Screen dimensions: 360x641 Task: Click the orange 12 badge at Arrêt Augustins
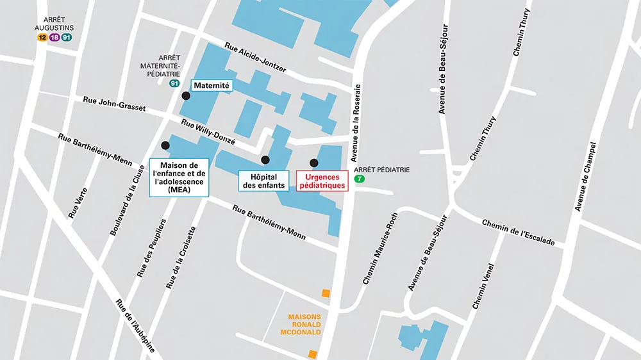(x=42, y=37)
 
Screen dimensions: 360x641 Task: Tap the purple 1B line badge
(x=54, y=37)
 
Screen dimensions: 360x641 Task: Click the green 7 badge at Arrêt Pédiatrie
(x=360, y=179)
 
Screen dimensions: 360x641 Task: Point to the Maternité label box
(x=212, y=85)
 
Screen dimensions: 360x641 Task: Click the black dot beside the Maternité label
(x=186, y=96)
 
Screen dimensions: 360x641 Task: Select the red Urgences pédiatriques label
(x=322, y=181)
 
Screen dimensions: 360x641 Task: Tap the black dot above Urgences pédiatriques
(x=314, y=163)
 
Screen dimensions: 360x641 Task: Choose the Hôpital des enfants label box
(x=263, y=181)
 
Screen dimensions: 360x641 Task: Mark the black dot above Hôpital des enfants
(x=265, y=160)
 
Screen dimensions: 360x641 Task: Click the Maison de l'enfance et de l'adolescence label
(x=178, y=177)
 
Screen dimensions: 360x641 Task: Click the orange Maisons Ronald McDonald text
(x=304, y=324)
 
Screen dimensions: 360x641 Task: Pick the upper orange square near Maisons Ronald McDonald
(x=326, y=293)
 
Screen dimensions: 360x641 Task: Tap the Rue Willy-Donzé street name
(x=208, y=132)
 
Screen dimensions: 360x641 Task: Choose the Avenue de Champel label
(x=586, y=176)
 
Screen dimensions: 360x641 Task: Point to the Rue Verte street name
(x=77, y=206)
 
